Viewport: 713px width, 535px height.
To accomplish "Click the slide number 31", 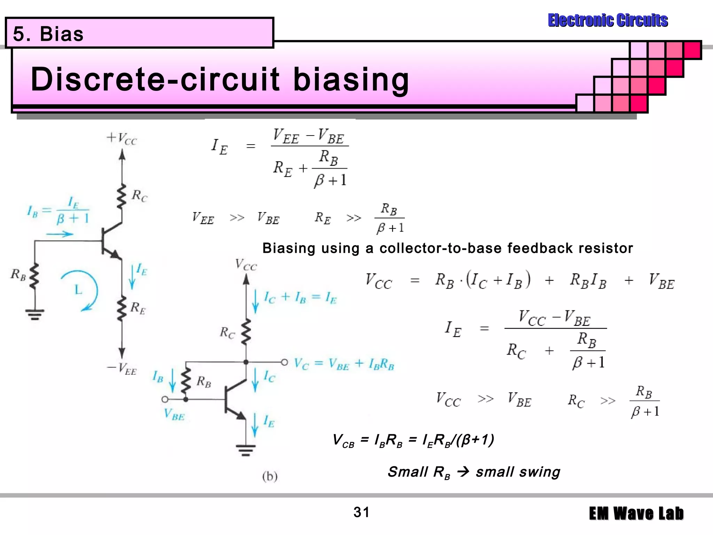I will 361,512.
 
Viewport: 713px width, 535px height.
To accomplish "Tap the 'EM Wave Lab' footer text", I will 636,513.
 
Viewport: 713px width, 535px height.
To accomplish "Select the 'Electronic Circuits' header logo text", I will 608,20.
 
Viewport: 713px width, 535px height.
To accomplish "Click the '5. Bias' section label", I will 48,34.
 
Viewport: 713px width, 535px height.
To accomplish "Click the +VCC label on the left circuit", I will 122,138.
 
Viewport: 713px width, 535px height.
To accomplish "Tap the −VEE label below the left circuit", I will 122,369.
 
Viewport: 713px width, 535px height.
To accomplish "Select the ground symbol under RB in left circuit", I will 34,314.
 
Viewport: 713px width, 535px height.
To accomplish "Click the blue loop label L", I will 78,289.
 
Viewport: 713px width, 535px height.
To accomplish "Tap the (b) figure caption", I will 270,476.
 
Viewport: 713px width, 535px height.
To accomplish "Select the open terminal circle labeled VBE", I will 165,399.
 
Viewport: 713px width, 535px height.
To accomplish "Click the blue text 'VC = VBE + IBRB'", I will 344,364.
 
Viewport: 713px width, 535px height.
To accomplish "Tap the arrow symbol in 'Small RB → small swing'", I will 463,472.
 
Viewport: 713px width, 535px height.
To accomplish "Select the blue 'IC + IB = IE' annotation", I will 300,297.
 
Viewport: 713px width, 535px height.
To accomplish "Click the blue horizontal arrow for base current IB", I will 60,234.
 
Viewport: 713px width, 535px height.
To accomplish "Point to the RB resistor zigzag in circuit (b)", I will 186,380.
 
